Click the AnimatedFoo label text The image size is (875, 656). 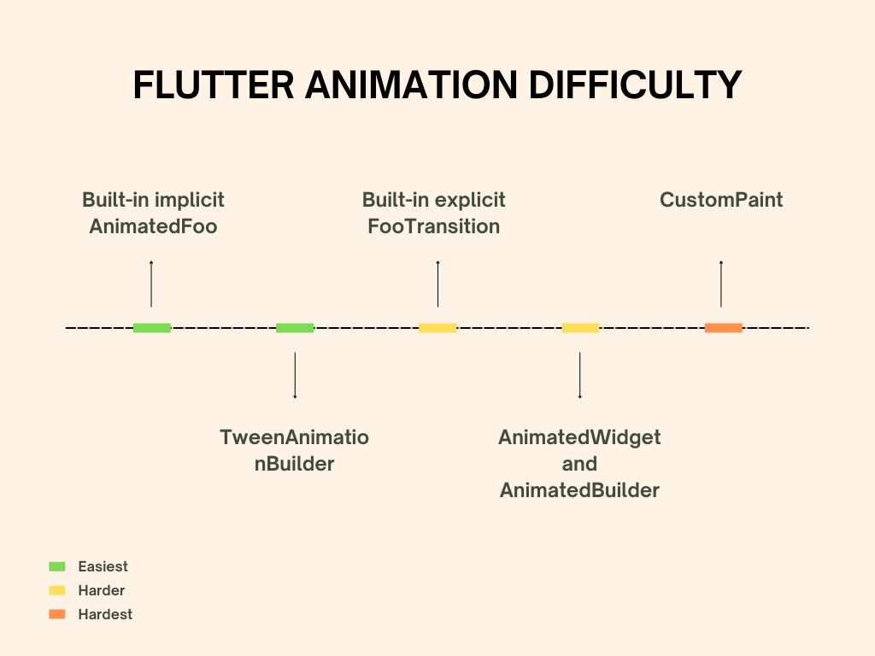153,226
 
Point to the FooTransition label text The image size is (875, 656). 433,226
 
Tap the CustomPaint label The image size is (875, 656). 721,200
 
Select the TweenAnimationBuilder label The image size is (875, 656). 294,451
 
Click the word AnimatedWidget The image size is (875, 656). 579,437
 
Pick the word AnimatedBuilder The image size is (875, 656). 579,490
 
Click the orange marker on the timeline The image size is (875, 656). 723,327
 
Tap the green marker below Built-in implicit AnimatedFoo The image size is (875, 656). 152,327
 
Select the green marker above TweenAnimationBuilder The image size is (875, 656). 295,327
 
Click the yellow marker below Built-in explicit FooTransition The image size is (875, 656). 437,327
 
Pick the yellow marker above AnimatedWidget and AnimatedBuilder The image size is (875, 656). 580,327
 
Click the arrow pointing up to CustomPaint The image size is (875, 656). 721,284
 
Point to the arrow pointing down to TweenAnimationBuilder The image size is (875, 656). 295,376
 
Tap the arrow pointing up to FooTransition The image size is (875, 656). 437,284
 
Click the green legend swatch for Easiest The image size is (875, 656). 57,566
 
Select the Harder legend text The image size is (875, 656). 101,590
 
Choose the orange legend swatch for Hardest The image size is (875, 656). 57,614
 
